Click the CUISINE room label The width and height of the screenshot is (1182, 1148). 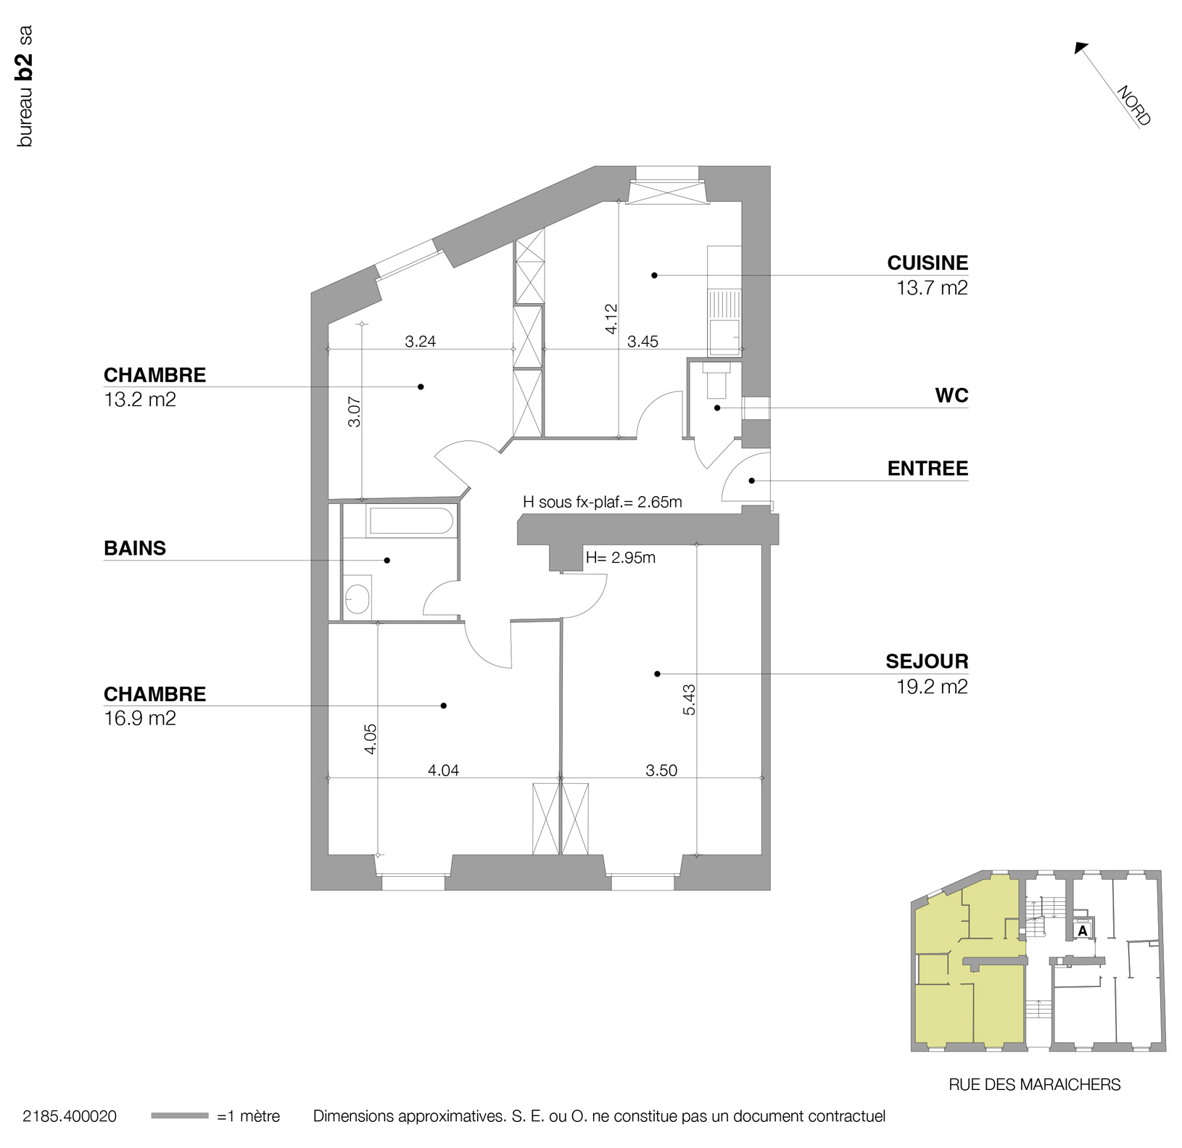point(927,263)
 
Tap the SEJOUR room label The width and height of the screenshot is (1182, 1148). point(927,661)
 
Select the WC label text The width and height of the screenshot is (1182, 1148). point(951,395)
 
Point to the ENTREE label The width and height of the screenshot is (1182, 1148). point(927,468)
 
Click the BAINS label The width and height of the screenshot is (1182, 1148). point(135,548)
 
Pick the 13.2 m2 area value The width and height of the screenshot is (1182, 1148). point(140,400)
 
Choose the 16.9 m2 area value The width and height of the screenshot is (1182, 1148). point(140,719)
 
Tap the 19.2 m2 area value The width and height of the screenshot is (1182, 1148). point(932,687)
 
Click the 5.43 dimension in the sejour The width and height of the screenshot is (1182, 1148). point(689,700)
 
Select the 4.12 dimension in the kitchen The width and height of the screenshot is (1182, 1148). point(611,318)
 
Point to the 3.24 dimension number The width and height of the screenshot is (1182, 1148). point(420,342)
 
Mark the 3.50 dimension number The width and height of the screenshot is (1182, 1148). point(661,770)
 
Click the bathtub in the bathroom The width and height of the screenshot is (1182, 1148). point(410,521)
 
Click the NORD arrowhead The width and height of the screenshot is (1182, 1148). point(1081,49)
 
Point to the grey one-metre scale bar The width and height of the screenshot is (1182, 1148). point(179,1116)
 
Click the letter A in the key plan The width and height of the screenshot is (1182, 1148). point(1083,930)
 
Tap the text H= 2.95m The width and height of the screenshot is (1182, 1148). point(621,558)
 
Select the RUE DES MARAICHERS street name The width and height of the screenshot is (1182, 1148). point(1035,1085)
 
